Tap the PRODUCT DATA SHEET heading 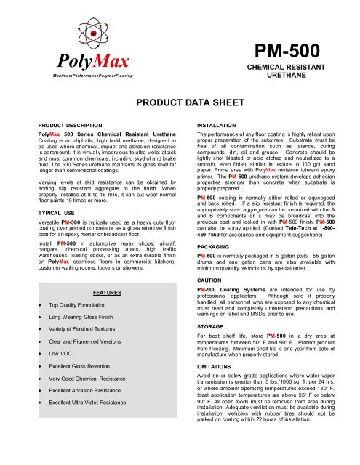180,102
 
